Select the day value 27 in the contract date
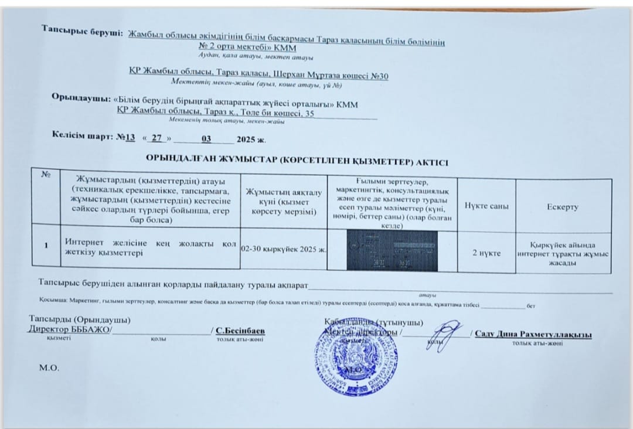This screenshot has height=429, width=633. point(156,138)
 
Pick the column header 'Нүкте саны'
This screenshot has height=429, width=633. point(486,206)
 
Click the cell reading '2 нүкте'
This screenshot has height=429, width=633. point(486,253)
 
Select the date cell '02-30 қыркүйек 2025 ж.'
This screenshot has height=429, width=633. point(284,249)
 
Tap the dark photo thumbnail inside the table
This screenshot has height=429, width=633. point(392,250)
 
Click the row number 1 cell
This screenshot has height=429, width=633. point(45,246)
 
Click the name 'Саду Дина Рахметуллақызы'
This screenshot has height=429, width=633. point(533,334)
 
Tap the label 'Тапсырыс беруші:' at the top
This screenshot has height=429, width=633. point(81,32)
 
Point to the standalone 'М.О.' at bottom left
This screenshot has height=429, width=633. point(48,369)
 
